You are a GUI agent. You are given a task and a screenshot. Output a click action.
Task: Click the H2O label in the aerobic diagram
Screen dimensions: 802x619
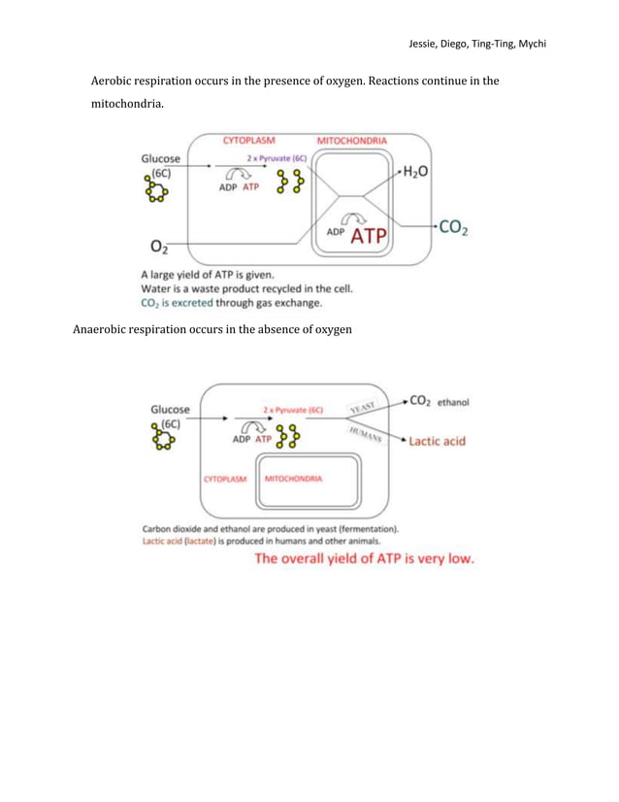(x=418, y=171)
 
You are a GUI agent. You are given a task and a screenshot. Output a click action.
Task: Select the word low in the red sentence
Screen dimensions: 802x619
(x=458, y=560)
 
